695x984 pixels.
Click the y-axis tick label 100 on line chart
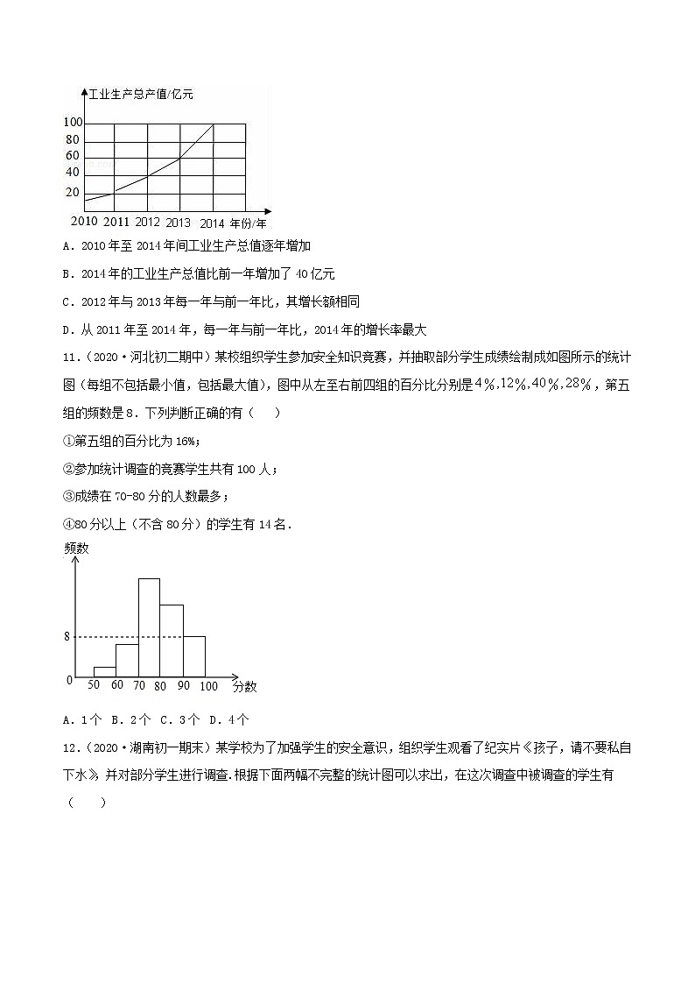(x=73, y=123)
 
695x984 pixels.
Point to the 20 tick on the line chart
(x=72, y=193)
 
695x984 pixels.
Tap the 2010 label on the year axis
(x=84, y=222)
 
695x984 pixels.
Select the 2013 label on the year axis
(x=178, y=223)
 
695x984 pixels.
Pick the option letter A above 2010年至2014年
(x=68, y=246)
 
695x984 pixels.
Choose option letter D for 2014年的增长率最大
(x=68, y=330)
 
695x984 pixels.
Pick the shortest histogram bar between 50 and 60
(x=105, y=671)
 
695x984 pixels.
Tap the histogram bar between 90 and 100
(x=194, y=655)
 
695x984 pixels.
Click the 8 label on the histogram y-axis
(x=67, y=637)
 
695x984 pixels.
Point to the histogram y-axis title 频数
(x=77, y=549)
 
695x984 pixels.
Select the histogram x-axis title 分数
(x=245, y=687)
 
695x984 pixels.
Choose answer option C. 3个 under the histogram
(x=179, y=720)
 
